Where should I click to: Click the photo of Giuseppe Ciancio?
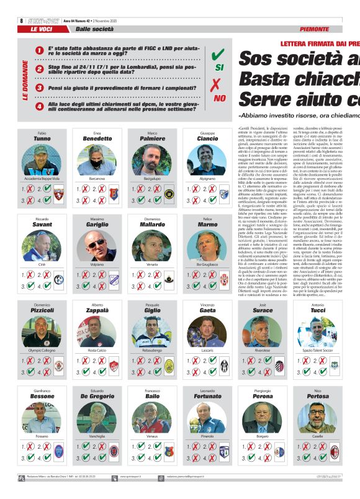pyautogui.click(x=207, y=161)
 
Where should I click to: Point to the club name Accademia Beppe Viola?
pyautogui.click(x=42, y=178)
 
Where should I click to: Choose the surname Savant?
pyautogui.click(x=42, y=225)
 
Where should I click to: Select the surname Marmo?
pyautogui.click(x=207, y=225)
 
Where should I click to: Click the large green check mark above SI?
pyautogui.click(x=218, y=55)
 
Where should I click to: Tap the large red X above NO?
pyautogui.click(x=217, y=86)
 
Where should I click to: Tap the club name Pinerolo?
pyautogui.click(x=207, y=437)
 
